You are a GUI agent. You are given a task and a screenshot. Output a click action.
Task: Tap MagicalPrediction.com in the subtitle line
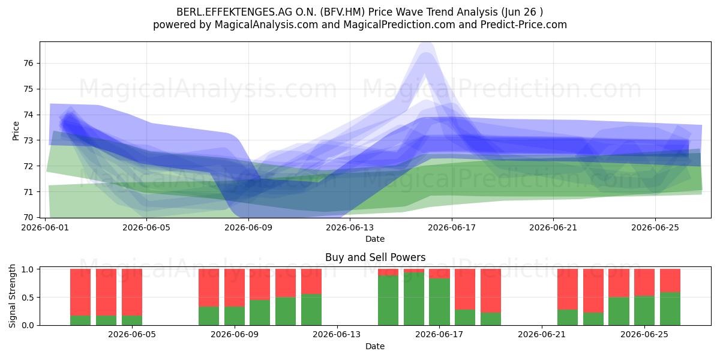(399, 25)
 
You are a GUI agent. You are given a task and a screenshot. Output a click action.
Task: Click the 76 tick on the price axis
(29, 64)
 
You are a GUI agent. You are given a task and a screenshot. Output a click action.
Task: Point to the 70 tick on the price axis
(29, 218)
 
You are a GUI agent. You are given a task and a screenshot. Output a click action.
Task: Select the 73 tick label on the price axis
(29, 140)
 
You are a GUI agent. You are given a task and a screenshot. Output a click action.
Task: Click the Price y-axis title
(16, 131)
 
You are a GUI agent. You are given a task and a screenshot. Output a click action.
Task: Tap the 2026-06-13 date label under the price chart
(350, 227)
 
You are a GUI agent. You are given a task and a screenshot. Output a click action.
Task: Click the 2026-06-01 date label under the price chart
(45, 227)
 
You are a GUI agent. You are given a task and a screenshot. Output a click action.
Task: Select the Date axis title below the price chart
(375, 239)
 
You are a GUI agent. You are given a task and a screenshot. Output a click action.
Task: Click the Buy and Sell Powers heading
(375, 257)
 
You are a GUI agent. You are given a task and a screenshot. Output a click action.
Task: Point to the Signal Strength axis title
(12, 296)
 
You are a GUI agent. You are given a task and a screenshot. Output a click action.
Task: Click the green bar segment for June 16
(414, 299)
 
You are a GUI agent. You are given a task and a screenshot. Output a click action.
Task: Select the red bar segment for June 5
(132, 292)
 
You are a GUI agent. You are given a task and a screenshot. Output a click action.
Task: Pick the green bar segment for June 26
(670, 308)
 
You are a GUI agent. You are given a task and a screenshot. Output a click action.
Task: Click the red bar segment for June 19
(491, 290)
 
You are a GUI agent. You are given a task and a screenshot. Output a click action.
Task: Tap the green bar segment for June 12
(311, 310)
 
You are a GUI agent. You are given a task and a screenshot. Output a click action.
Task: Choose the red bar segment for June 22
(568, 289)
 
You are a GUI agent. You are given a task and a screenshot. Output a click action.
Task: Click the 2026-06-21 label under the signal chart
(542, 334)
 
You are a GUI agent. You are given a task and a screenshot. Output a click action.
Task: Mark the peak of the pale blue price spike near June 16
(427, 43)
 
